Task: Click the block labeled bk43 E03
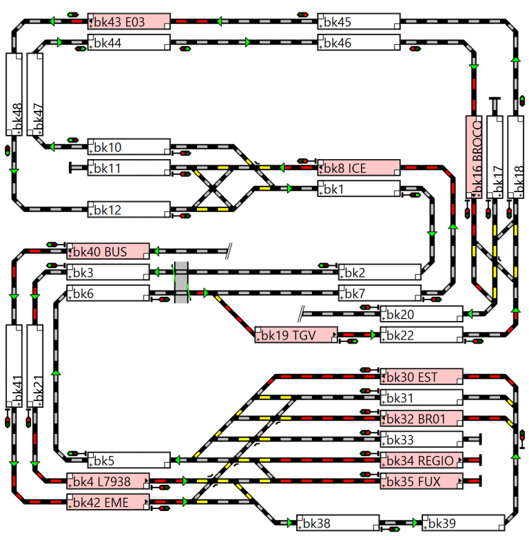(x=129, y=21)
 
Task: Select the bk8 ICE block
(x=358, y=167)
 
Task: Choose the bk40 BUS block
(x=107, y=251)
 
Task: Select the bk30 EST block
(x=421, y=376)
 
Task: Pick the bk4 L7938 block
(x=107, y=480)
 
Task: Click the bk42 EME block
(x=107, y=501)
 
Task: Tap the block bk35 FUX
(x=421, y=480)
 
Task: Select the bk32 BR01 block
(x=421, y=418)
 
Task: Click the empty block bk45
(x=358, y=21)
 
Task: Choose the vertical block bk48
(x=14, y=94)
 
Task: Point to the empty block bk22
(x=421, y=335)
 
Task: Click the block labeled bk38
(x=338, y=523)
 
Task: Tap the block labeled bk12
(x=129, y=209)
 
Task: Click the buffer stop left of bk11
(x=72, y=167)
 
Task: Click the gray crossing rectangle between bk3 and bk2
(x=181, y=282)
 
